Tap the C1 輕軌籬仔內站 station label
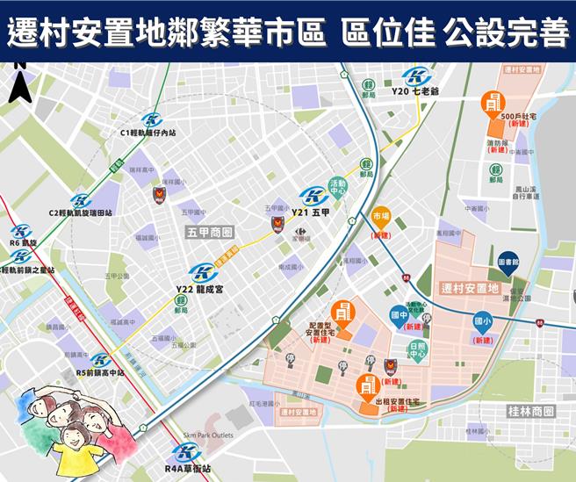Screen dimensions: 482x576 (x=148, y=133)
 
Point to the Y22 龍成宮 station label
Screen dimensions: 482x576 (x=202, y=289)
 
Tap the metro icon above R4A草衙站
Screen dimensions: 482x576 (x=186, y=453)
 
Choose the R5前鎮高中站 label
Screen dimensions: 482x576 (x=101, y=372)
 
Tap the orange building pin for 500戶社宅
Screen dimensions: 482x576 (x=492, y=102)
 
